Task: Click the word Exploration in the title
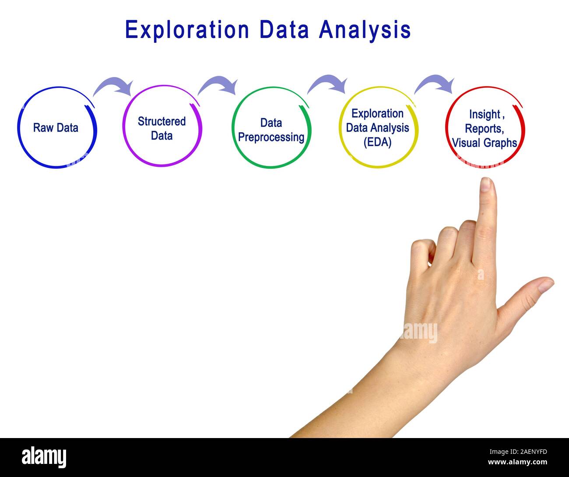pos(187,30)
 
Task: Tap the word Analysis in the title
pos(365,30)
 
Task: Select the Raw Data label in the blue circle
pos(56,128)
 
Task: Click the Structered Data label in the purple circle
pos(162,128)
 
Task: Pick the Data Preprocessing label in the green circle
pos(271,130)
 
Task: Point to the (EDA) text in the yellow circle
pos(377,142)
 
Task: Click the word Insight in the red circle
pos(484,114)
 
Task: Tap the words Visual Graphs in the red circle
pos(485,143)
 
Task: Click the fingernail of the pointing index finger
pos(485,184)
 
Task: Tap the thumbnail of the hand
pos(545,286)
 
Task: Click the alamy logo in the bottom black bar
pos(44,457)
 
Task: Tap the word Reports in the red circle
pos(483,129)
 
